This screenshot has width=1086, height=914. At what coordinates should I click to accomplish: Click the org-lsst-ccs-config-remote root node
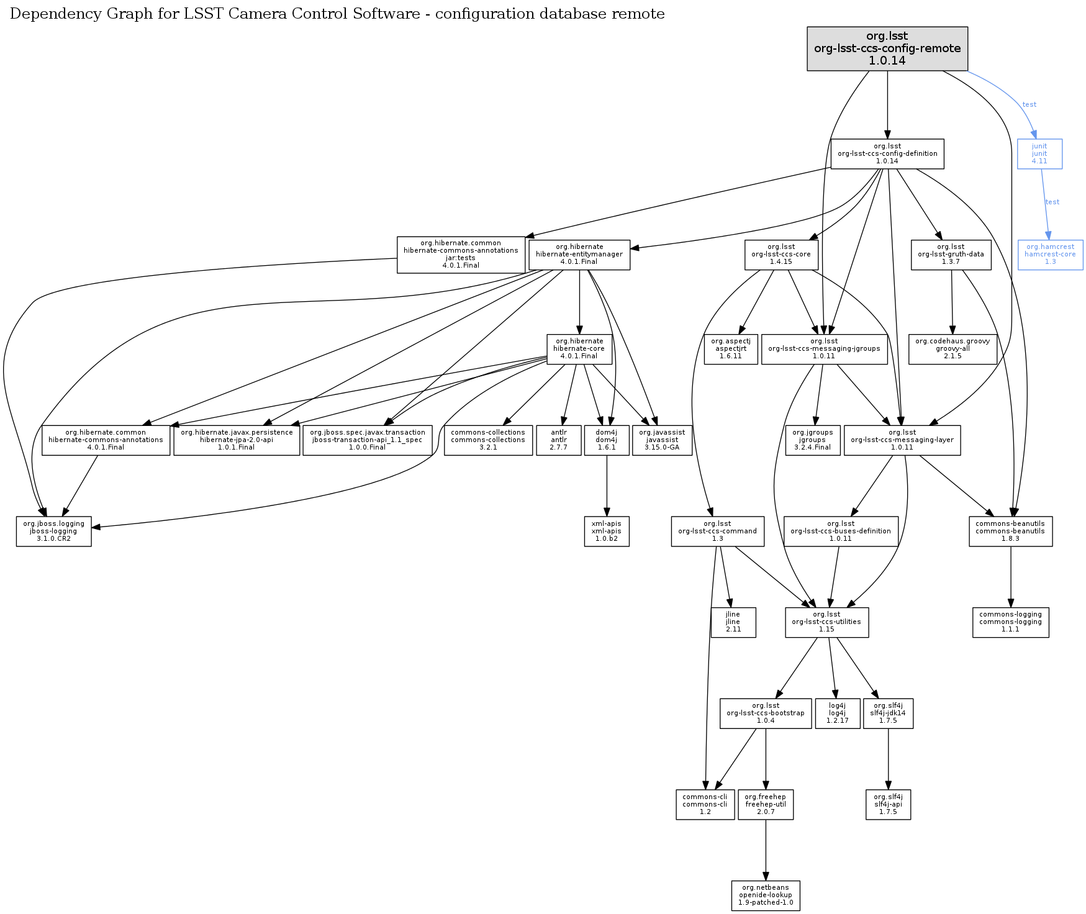887,48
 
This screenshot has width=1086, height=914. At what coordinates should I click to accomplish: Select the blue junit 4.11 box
1039,154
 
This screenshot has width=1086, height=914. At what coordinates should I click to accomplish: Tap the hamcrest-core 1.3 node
1050,255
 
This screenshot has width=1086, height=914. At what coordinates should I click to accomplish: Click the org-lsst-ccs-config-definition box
887,154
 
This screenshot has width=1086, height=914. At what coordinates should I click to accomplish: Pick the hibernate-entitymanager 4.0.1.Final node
579,255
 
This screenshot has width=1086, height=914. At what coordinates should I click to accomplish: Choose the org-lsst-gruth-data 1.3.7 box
951,255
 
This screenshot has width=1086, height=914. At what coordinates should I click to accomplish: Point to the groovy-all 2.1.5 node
953,349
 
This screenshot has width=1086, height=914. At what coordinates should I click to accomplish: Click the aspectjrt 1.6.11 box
731,349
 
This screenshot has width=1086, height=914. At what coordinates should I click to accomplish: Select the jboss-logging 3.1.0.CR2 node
54,532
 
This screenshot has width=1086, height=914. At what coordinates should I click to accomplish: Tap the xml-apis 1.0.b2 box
607,532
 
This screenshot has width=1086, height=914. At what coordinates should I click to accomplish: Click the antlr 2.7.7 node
559,440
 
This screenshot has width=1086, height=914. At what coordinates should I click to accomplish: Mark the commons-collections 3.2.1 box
488,440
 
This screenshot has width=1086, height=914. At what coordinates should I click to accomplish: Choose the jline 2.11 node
733,622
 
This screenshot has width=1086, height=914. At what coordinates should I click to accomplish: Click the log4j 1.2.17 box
837,713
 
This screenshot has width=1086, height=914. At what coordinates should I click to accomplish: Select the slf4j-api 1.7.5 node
888,805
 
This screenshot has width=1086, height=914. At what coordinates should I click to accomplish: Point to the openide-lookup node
766,895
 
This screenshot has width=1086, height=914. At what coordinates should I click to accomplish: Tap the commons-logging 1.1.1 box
1010,622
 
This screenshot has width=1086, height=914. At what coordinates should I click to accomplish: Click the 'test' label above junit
1029,104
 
